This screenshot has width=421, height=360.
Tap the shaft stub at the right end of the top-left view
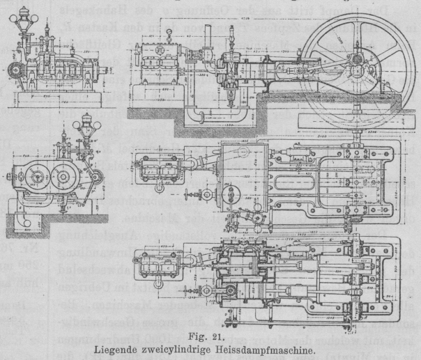pyautogui.click(x=107, y=70)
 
